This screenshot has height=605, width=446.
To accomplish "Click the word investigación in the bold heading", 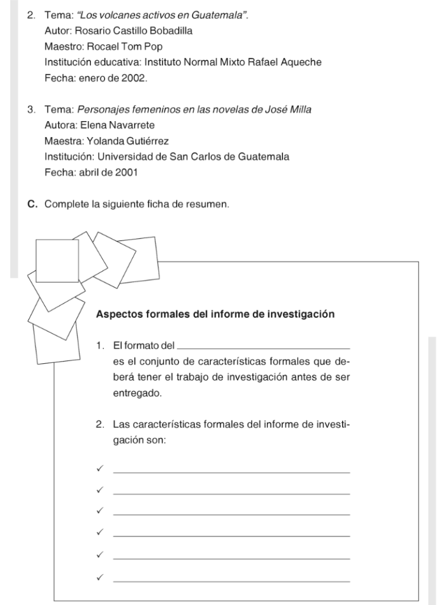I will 301,314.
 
